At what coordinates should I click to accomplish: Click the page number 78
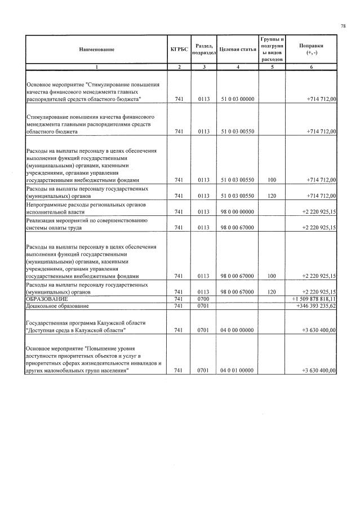coord(343,26)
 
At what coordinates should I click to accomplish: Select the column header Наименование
coord(96,50)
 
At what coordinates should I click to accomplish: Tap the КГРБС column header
coord(179,50)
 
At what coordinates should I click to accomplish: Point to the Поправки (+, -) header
coord(311,49)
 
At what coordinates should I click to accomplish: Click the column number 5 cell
coord(272,67)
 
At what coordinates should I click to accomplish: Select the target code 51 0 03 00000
coord(237,99)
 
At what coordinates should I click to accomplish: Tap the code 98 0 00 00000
coord(237,212)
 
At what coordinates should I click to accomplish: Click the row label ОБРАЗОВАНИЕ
coord(47,298)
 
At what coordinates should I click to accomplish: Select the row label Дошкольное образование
coord(56,305)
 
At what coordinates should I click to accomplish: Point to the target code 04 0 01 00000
coord(237,370)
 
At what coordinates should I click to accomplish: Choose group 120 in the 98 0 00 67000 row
coord(272,292)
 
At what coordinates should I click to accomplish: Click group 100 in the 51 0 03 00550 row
coord(272,180)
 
